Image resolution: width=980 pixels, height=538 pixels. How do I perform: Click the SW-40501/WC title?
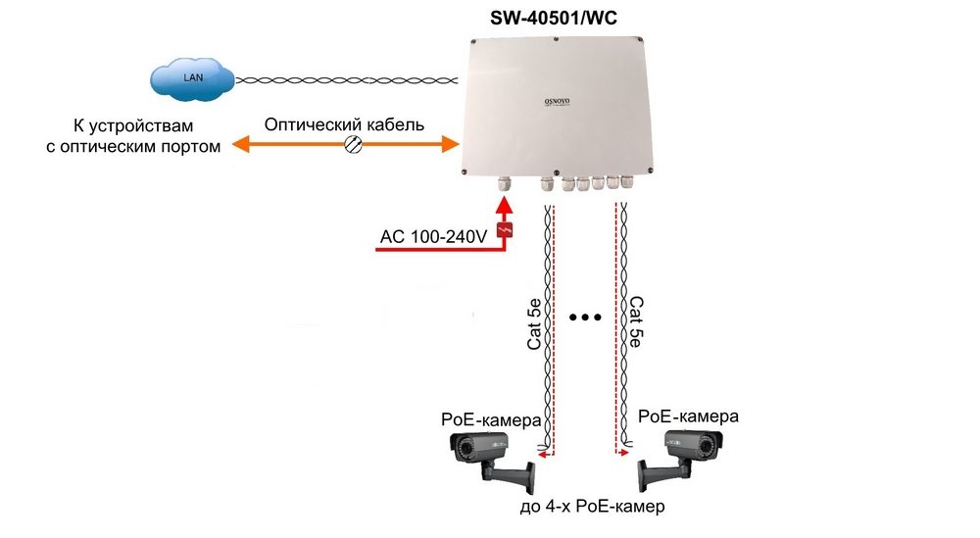click(x=560, y=18)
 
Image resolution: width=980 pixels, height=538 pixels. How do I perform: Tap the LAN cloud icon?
click(x=192, y=76)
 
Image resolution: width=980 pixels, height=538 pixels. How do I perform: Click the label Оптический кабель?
click(x=345, y=125)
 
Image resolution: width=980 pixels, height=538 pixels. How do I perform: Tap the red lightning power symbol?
click(x=505, y=231)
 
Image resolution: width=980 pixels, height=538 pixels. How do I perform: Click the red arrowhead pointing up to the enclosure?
click(x=505, y=207)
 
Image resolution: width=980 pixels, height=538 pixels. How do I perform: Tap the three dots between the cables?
click(x=584, y=318)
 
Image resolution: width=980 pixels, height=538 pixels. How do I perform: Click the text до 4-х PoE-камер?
click(x=592, y=508)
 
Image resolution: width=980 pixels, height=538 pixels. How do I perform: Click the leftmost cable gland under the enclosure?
click(x=506, y=183)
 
